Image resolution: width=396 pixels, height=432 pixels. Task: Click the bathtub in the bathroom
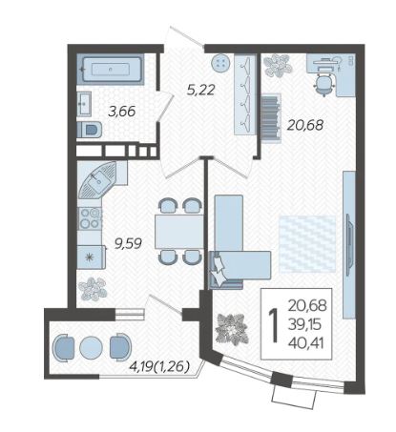111,69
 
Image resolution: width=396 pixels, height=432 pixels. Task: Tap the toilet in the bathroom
90,130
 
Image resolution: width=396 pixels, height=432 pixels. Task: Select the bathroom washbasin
84,103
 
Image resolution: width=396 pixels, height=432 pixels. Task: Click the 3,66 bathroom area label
122,112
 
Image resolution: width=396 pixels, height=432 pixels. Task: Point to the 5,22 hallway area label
201,90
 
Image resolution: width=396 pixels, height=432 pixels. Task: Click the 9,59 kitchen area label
128,244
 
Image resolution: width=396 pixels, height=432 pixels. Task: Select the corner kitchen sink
98,179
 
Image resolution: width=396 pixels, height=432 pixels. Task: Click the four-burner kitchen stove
90,218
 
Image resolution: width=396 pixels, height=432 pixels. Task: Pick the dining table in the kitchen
179,232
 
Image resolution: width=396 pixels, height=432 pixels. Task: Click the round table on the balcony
91,347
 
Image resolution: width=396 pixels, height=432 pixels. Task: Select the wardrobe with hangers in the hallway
245,94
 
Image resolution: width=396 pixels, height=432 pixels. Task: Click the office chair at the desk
323,84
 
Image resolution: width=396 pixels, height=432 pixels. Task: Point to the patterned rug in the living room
307,244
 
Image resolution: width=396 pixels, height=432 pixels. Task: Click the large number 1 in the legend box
274,326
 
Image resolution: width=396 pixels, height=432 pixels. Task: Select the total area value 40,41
306,343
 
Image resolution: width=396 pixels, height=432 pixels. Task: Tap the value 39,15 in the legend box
305,324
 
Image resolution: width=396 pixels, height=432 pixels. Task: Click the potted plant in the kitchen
93,289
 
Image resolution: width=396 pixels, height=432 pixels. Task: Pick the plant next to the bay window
232,329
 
